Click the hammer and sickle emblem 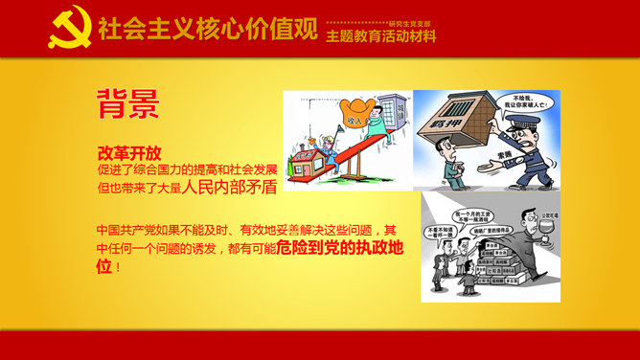(x=70, y=29)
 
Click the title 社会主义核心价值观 (x=207, y=30)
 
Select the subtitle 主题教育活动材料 (x=380, y=37)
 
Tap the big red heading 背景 (x=127, y=104)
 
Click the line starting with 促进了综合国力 (x=187, y=169)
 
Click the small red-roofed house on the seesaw (x=307, y=160)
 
